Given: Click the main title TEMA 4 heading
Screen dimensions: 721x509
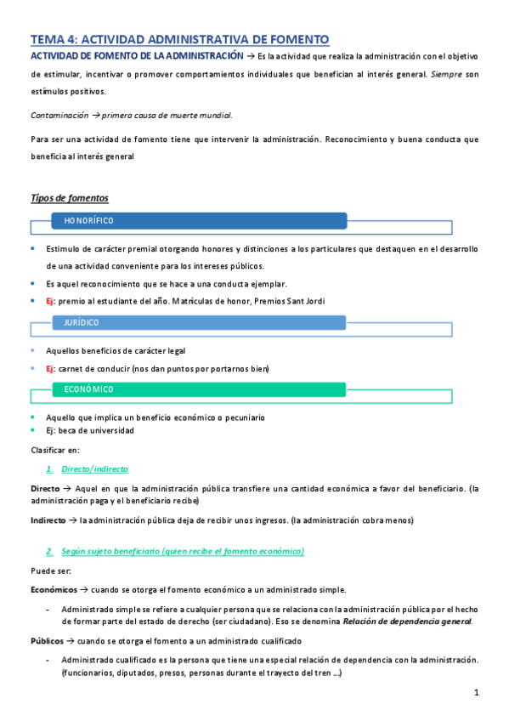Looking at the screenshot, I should pos(179,39).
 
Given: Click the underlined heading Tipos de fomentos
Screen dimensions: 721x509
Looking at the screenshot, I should pos(69,198).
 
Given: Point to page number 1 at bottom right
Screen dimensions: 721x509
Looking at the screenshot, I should pos(478,693).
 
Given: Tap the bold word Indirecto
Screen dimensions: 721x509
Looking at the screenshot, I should pos(48,519).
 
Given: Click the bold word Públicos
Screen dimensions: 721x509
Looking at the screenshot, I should pos(46,640).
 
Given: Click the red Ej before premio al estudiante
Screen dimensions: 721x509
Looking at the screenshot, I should pos(51,301).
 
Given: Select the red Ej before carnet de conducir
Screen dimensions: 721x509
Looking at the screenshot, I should pos(51,368).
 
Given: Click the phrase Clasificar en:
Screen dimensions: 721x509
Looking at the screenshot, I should pos(54,450).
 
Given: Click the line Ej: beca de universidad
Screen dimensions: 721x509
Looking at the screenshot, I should pos(89,430).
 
